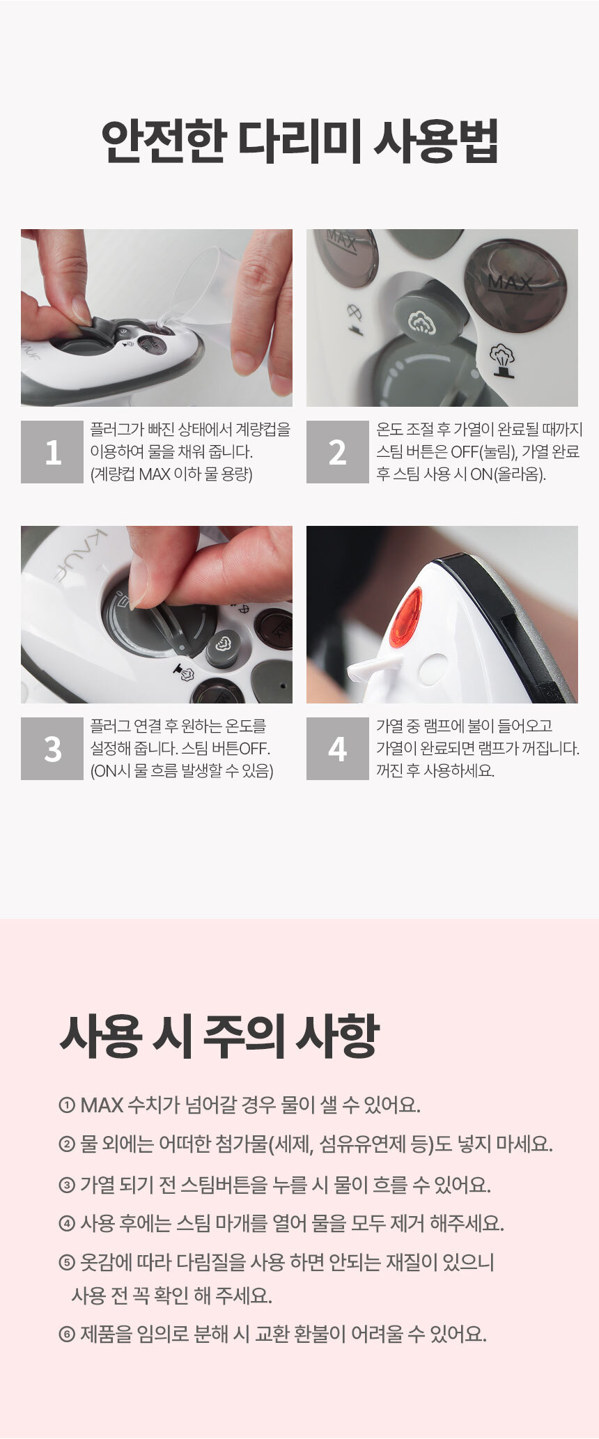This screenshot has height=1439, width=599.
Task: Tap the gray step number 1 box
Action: click(x=52, y=452)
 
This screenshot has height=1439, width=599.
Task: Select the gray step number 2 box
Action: click(x=338, y=452)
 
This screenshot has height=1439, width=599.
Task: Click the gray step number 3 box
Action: click(x=52, y=749)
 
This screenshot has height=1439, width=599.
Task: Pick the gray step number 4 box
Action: click(x=338, y=749)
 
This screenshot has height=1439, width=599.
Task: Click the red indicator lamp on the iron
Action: click(x=406, y=616)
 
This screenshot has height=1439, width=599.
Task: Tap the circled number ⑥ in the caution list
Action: click(x=67, y=1335)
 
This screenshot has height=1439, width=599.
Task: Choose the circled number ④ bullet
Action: click(x=67, y=1223)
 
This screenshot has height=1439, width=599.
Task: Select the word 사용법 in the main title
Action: click(x=436, y=141)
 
